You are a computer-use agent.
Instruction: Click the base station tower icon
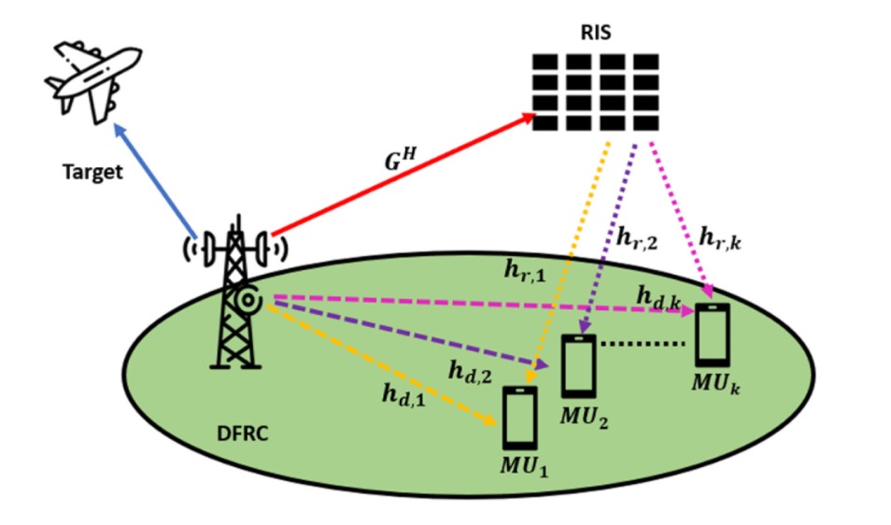click(233, 299)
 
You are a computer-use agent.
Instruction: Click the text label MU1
click(524, 465)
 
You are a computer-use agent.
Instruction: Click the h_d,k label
click(658, 295)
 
